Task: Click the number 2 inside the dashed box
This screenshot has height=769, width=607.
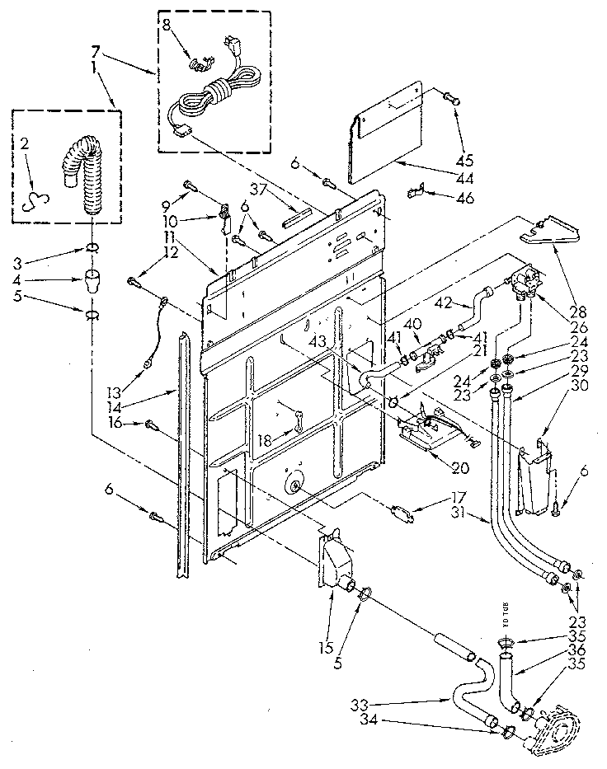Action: (25, 144)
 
